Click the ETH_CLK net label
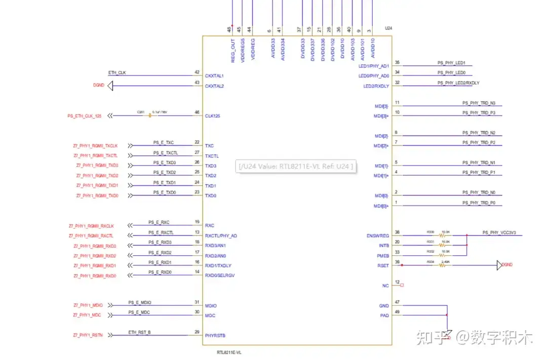tap(117, 73)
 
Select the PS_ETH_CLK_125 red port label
tap(85, 116)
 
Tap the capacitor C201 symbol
tap(150, 116)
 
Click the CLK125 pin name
tap(213, 116)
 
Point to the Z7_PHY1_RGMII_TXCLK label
tap(96, 146)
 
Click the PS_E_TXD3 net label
tap(165, 163)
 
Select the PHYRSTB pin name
tap(215, 336)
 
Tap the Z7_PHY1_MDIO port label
tap(88, 305)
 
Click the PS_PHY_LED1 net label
tap(451, 63)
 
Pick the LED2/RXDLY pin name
tap(376, 86)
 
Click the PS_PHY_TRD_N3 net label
tap(479, 103)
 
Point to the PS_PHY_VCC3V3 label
tap(502, 232)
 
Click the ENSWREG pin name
tap(378, 236)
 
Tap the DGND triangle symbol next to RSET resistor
tap(499, 265)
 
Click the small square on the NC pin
tap(402, 285)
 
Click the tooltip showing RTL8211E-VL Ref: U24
tap(296, 166)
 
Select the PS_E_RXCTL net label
tap(161, 232)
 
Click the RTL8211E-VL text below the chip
tap(229, 352)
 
